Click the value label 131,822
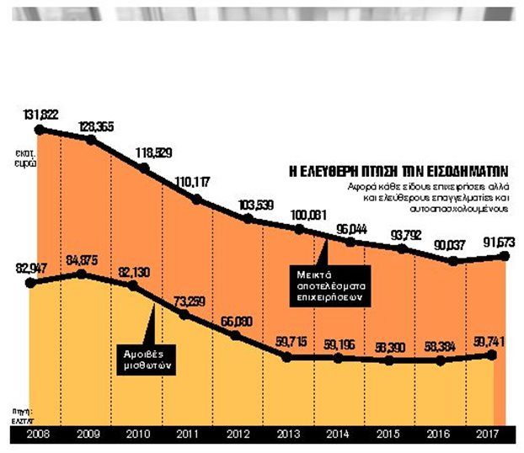pos(41,113)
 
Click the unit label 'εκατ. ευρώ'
pos(24,157)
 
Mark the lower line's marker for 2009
pos(82,274)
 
